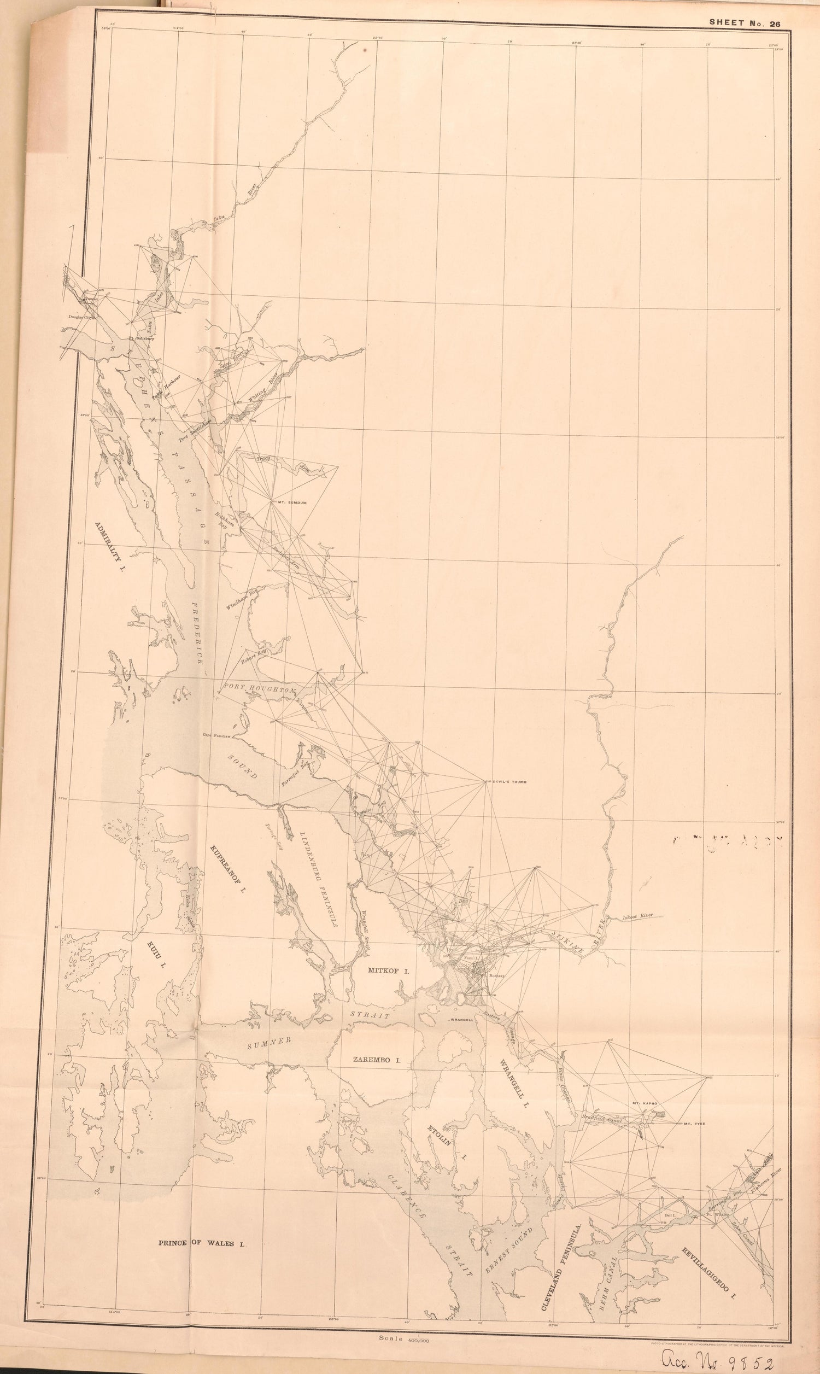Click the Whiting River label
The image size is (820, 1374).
pyautogui.click(x=265, y=389)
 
